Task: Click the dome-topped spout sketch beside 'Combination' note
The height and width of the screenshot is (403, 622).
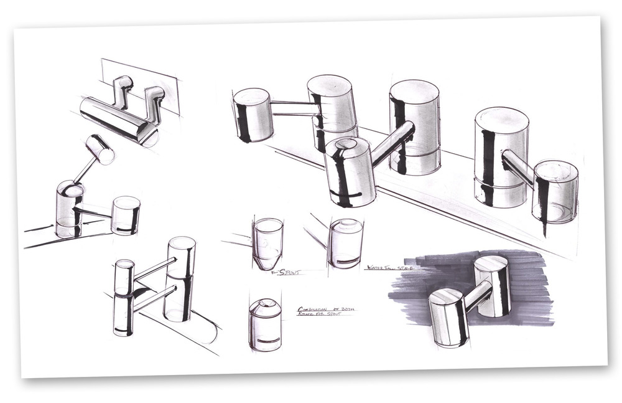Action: tap(265, 324)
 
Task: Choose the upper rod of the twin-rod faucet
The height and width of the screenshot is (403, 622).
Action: tap(152, 268)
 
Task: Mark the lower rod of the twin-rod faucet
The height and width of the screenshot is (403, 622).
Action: tap(152, 298)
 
